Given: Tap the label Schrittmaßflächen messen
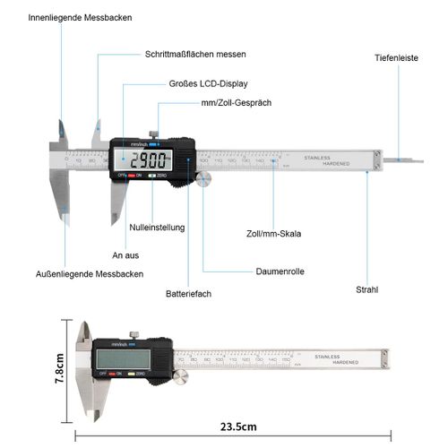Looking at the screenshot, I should tap(195, 55).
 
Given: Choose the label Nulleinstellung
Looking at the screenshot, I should tap(157, 228).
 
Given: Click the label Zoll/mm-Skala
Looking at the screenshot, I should tap(273, 234).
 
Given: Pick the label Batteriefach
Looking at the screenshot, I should tap(189, 293).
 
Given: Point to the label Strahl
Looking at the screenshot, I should tap(366, 289).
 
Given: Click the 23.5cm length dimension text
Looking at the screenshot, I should tap(237, 426).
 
